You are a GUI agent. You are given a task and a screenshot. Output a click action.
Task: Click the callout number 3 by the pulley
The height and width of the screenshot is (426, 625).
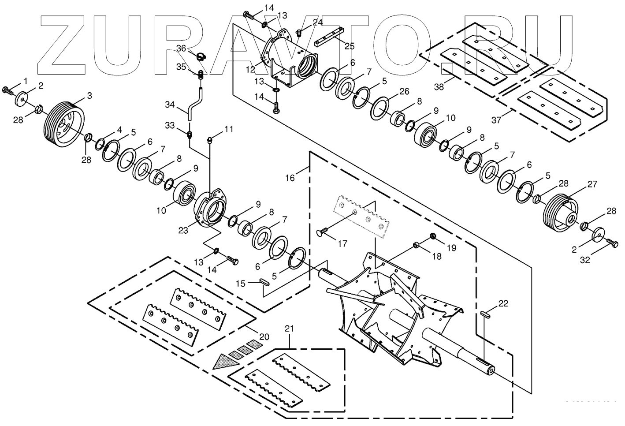click(89, 95)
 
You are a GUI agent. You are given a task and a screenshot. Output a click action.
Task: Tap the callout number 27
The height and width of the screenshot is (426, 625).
click(592, 183)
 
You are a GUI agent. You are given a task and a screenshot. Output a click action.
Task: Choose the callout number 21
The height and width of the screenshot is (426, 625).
click(289, 329)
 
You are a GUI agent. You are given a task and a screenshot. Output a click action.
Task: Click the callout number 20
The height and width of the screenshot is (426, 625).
click(264, 337)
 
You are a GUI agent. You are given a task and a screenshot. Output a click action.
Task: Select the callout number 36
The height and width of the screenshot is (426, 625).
click(182, 48)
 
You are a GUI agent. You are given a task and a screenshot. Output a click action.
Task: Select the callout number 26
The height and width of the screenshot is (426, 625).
click(404, 92)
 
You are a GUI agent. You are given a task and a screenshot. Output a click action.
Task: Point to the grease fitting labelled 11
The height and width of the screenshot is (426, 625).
click(210, 141)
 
